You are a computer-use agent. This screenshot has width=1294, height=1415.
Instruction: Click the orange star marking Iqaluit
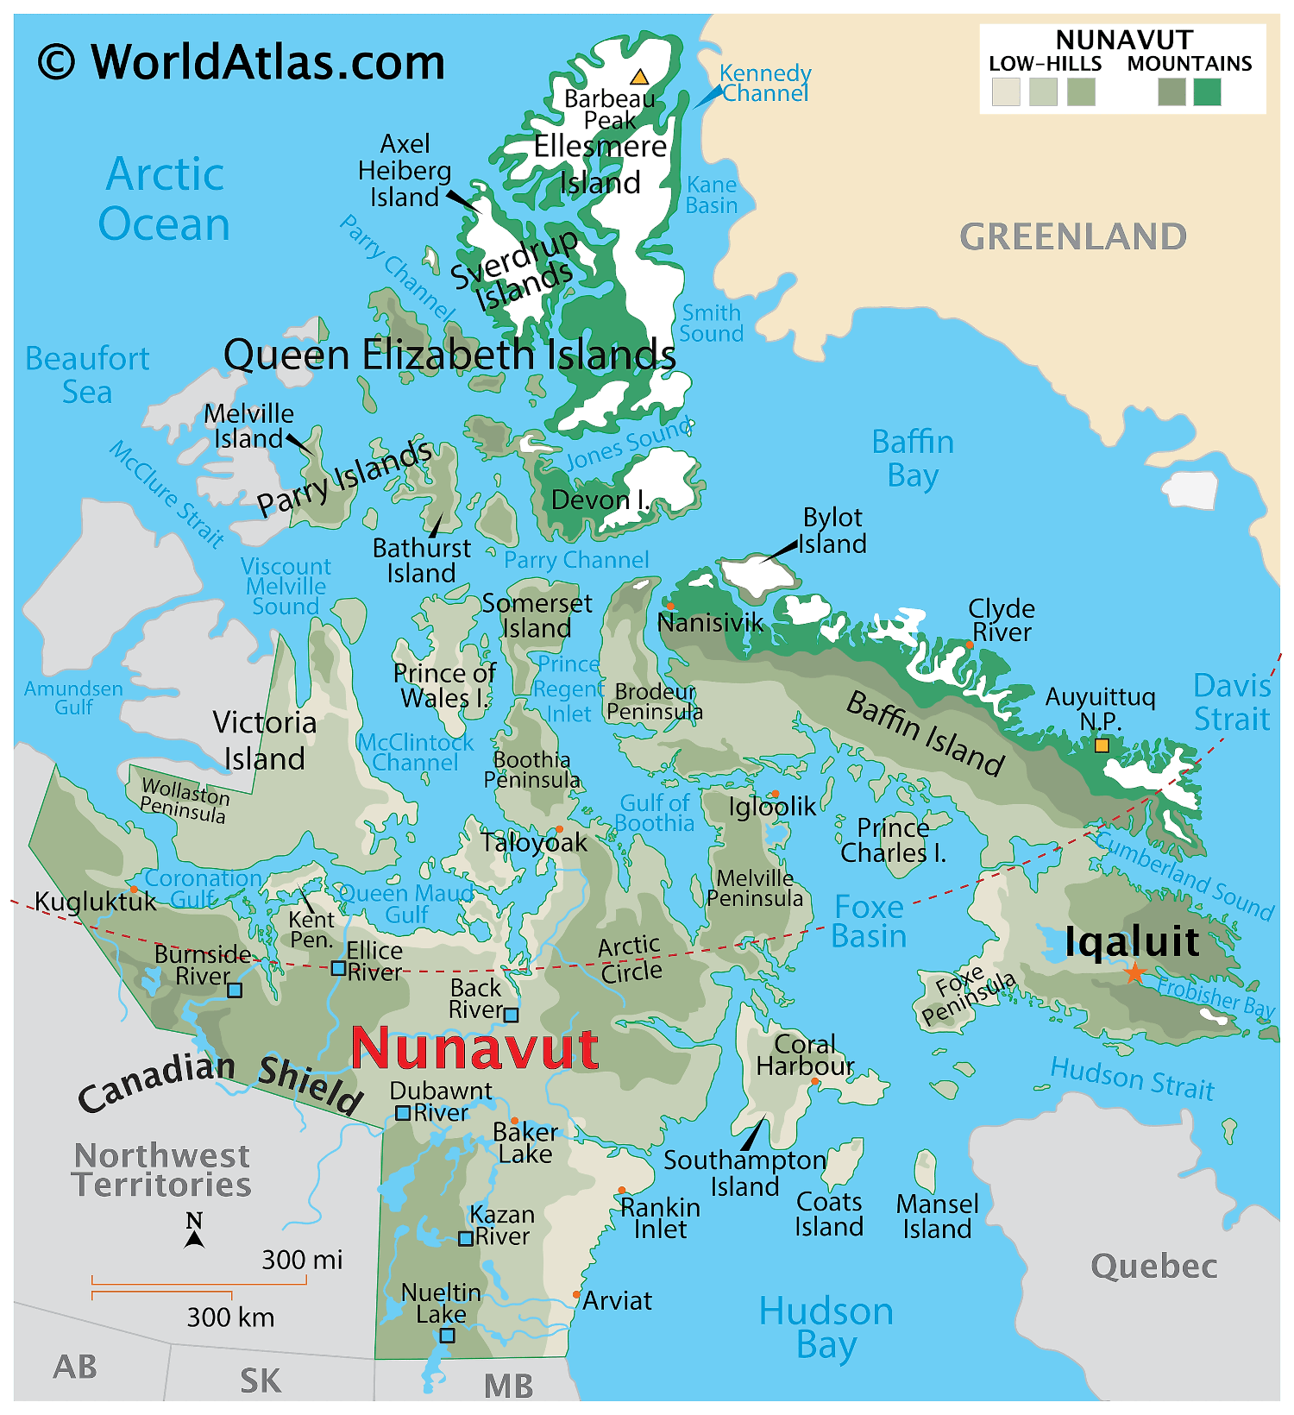click(1134, 973)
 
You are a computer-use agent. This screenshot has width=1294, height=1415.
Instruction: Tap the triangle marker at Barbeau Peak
click(639, 77)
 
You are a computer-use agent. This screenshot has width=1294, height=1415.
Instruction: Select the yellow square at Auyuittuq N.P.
click(1102, 745)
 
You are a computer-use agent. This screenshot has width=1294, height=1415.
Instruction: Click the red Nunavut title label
click(474, 1048)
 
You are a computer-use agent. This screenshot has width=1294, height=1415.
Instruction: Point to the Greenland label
click(1073, 236)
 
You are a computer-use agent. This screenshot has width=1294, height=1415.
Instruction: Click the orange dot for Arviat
click(576, 1294)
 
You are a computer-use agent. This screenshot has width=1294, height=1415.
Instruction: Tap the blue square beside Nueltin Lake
click(447, 1336)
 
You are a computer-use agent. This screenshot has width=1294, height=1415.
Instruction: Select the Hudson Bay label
click(826, 1328)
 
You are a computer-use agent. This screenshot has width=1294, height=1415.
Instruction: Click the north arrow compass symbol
click(195, 1231)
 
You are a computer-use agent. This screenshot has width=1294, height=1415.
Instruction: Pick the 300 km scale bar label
click(230, 1318)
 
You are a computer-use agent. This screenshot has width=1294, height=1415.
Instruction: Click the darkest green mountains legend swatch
click(1207, 91)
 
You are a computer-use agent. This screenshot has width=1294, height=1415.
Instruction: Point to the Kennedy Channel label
click(765, 83)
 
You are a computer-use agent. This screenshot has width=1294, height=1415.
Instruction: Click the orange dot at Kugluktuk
click(134, 889)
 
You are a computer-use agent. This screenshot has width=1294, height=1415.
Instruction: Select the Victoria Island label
click(264, 740)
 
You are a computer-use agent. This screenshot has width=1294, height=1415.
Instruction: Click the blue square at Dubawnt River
click(402, 1113)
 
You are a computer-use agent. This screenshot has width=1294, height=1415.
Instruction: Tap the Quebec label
click(1154, 1267)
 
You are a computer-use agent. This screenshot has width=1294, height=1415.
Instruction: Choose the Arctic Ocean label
click(164, 198)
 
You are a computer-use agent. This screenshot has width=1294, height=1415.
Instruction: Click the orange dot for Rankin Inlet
click(621, 1191)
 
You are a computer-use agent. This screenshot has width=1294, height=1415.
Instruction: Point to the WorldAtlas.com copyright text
click(242, 62)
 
